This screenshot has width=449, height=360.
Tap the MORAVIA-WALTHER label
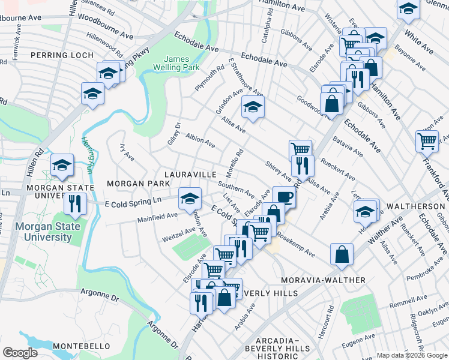pos(331,280)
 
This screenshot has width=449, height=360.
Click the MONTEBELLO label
pos(81,346)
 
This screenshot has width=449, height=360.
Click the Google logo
pos(20,353)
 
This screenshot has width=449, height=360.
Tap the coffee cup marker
pos(284,196)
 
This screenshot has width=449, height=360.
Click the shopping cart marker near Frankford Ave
pos(427,142)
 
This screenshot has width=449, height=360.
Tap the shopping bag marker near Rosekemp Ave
pos(342,254)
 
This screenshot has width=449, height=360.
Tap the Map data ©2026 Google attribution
pos(412,355)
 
